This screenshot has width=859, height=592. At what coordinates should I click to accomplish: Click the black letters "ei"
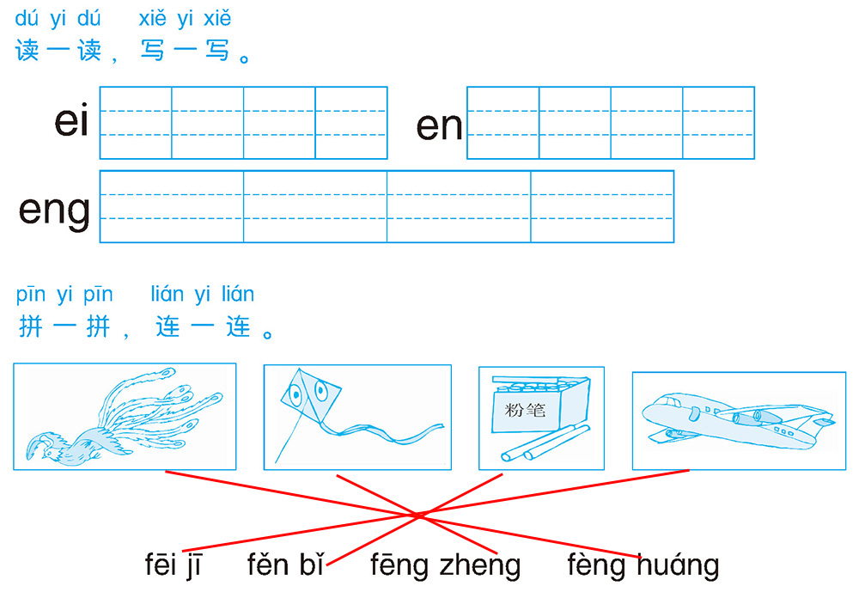(x=71, y=119)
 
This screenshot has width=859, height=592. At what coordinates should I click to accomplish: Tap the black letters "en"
(x=439, y=126)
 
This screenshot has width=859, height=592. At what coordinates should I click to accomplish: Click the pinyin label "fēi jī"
(x=174, y=565)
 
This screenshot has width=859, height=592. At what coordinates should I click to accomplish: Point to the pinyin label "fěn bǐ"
(x=285, y=564)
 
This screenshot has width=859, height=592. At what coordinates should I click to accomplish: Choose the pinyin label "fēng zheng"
(x=445, y=565)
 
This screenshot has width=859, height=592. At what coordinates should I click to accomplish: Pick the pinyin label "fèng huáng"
(x=643, y=565)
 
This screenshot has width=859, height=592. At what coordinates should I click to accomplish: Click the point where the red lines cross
(x=417, y=516)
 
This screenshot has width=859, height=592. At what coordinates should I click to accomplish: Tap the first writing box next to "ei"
(x=136, y=123)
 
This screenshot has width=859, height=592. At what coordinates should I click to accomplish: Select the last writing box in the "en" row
(x=719, y=123)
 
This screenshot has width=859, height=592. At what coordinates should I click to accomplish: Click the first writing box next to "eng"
(x=172, y=207)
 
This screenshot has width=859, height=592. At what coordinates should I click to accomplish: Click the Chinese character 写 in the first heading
(x=152, y=51)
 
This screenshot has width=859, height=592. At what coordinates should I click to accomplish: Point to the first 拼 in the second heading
(x=31, y=327)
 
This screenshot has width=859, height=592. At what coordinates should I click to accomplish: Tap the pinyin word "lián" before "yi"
(x=168, y=294)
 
